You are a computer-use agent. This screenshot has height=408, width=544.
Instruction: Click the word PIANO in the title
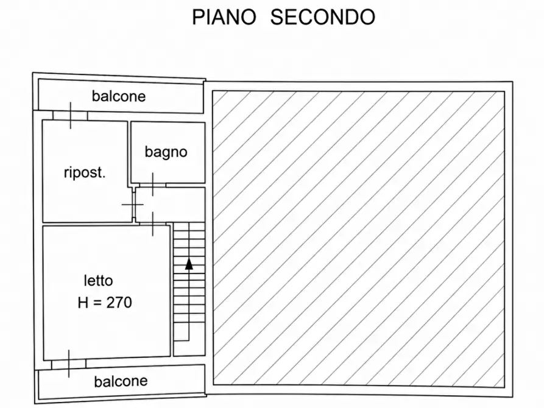click(x=224, y=17)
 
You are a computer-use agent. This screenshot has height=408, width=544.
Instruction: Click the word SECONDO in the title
click(x=323, y=17)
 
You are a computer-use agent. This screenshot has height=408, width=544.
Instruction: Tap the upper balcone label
click(x=119, y=96)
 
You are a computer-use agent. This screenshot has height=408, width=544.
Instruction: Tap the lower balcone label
click(x=121, y=381)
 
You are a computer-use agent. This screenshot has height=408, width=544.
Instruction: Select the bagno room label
click(x=166, y=152)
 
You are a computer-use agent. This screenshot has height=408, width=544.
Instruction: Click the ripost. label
click(x=85, y=172)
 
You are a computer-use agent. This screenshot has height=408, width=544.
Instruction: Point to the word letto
click(x=99, y=280)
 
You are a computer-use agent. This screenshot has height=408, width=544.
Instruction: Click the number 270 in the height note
click(x=119, y=303)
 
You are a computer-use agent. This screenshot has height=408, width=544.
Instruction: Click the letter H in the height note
click(x=83, y=303)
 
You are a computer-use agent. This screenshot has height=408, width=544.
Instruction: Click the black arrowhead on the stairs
click(x=189, y=264)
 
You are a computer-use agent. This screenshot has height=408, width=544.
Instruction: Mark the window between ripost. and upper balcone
click(x=70, y=116)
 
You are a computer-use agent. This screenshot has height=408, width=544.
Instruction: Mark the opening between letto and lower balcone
click(x=69, y=364)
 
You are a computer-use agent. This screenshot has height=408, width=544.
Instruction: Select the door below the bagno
click(x=153, y=185)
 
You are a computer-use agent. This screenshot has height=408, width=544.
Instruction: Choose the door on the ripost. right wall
click(x=133, y=205)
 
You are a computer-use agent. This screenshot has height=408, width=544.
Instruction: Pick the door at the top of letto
click(x=153, y=224)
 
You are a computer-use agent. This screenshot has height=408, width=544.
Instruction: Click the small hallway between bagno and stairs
click(x=170, y=205)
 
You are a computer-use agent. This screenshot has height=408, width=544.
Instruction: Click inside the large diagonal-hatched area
click(x=359, y=238)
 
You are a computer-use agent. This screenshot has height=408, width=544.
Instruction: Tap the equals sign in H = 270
click(x=97, y=303)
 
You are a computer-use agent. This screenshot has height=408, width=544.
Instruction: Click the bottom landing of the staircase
click(x=189, y=348)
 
